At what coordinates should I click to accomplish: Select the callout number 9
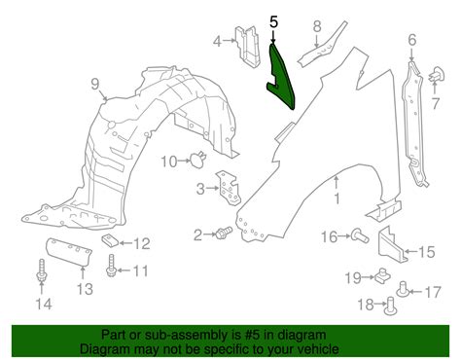pyautogui.click(x=94, y=85)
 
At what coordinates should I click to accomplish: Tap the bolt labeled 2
pyautogui.click(x=224, y=233)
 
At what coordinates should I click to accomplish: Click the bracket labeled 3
pyautogui.click(x=229, y=188)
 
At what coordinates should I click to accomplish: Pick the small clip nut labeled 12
pyautogui.click(x=109, y=241)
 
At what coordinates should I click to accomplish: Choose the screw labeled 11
pyautogui.click(x=111, y=266)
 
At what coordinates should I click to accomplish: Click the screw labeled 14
pyautogui.click(x=41, y=270)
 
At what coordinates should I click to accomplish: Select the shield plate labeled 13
pyautogui.click(x=68, y=252)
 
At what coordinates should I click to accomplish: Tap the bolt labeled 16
pyautogui.click(x=360, y=235)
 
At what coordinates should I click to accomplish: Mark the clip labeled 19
pyautogui.click(x=382, y=275)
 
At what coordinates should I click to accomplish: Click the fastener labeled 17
pyautogui.click(x=403, y=289)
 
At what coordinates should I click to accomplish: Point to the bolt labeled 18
pyautogui.click(x=390, y=306)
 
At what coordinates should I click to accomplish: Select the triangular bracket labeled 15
pyautogui.click(x=391, y=243)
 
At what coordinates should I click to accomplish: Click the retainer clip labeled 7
pyautogui.click(x=438, y=75)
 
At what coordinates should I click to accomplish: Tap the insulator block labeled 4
pyautogui.click(x=248, y=47)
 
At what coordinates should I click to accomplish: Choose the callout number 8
pyautogui.click(x=317, y=26)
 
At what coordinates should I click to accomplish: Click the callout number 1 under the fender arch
pyautogui.click(x=337, y=198)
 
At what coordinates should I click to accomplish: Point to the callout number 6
pyautogui.click(x=411, y=40)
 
